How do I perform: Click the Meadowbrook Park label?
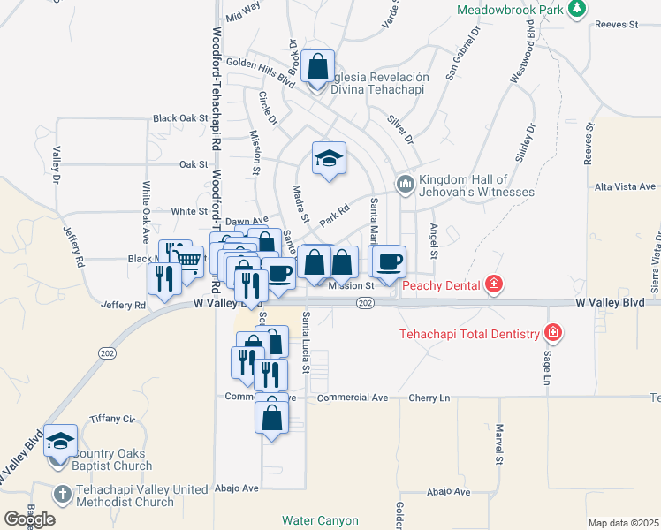click(x=510, y=10)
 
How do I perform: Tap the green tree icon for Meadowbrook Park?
click(x=577, y=9)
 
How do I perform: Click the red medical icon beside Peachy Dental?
click(x=493, y=284)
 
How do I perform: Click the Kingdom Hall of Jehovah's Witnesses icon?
click(x=405, y=184)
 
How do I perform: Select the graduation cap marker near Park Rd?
click(x=329, y=159)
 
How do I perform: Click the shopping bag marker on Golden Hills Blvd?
click(x=317, y=65)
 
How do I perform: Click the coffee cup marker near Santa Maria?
click(x=387, y=261)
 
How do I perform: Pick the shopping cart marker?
click(x=189, y=259)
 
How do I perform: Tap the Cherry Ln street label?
click(x=431, y=397)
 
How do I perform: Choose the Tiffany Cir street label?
click(x=111, y=419)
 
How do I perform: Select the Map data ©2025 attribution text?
click(x=621, y=523)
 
